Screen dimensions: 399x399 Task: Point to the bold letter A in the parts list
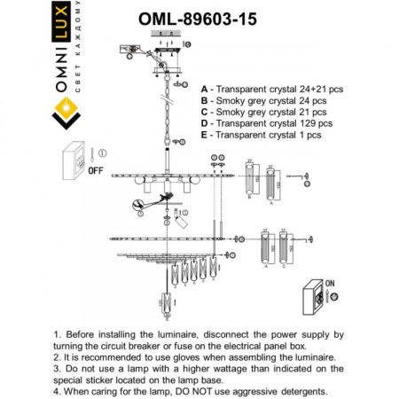206,90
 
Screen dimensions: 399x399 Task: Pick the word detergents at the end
298,391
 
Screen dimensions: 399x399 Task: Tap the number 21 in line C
301,113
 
